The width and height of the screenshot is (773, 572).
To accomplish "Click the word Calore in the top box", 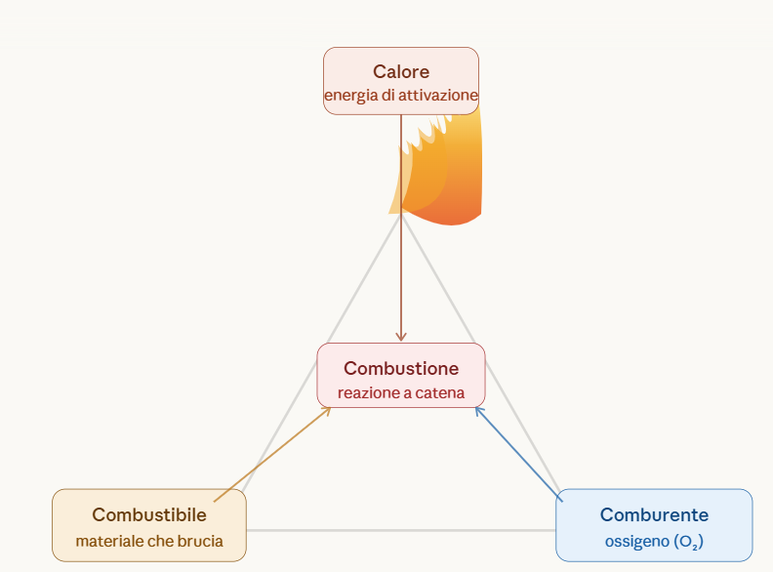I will (x=400, y=71).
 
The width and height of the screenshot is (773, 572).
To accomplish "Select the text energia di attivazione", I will (x=400, y=96).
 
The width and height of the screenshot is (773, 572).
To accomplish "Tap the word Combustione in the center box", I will (x=400, y=369).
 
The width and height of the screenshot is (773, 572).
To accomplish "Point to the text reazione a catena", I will (x=400, y=393).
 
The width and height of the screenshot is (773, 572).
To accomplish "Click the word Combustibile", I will (x=149, y=514).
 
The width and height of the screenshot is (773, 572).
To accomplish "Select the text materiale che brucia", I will (x=149, y=540).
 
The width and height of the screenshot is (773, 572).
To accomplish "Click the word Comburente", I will (x=654, y=514).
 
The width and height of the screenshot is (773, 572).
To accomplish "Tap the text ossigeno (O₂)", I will (x=654, y=540).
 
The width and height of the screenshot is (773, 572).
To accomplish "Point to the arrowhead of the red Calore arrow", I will (x=401, y=337).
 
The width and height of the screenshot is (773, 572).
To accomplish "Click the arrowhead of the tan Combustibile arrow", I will (x=327, y=410).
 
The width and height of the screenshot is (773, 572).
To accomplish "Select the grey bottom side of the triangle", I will (x=400, y=530).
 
